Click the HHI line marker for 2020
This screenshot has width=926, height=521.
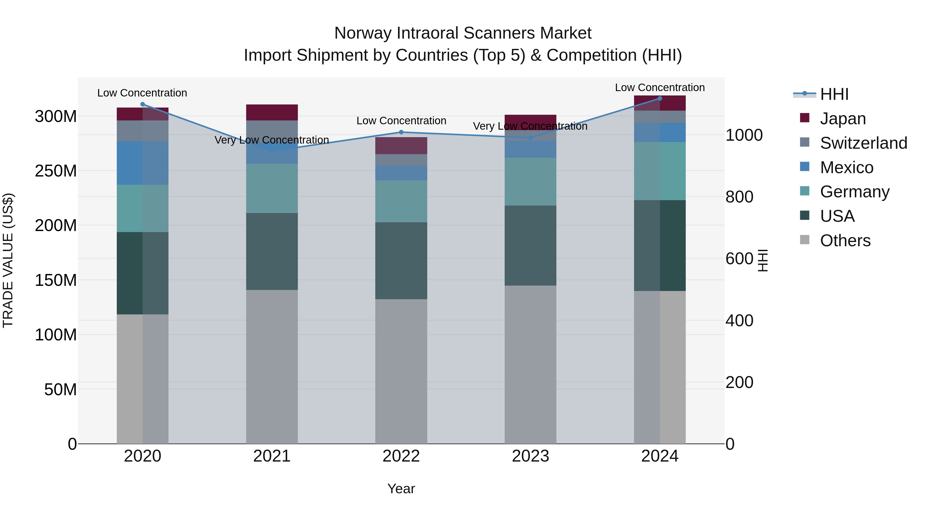tap(142, 104)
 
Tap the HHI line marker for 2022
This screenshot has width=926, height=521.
tap(401, 132)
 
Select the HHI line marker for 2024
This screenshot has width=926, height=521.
tap(660, 99)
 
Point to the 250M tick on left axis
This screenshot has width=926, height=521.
tap(56, 171)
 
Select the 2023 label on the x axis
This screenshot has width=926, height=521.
tap(530, 456)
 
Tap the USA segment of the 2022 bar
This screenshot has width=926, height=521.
tap(401, 261)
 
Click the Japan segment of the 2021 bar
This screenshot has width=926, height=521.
tap(272, 112)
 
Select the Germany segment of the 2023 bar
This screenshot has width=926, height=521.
tap(530, 182)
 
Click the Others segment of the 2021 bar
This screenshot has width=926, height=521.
tap(272, 367)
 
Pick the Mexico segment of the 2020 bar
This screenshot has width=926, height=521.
tap(142, 163)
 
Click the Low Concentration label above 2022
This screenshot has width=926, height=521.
tap(401, 121)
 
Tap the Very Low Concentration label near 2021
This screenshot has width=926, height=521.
tap(272, 140)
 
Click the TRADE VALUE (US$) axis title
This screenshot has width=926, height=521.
tap(8, 260)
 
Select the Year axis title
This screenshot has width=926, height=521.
tap(401, 489)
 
